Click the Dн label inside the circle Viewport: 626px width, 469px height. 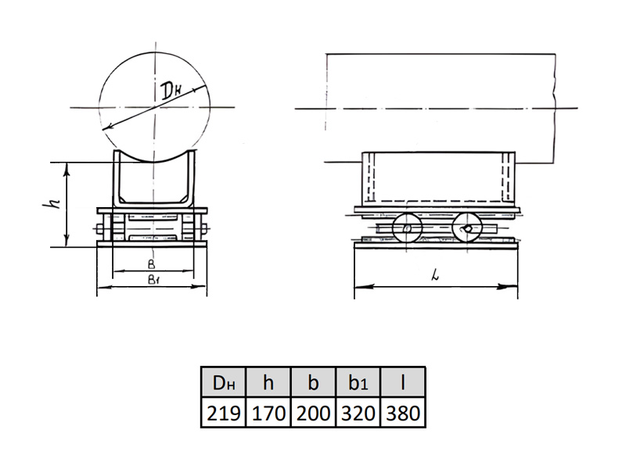click(171, 92)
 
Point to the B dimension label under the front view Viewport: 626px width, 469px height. click(151, 264)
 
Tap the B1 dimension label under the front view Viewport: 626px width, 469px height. click(153, 279)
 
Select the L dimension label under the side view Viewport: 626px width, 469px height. click(436, 274)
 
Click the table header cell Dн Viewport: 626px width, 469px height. click(223, 382)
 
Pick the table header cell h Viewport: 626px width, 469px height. click(268, 382)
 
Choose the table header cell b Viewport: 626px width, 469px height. click(314, 382)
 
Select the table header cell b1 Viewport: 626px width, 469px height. click(358, 382)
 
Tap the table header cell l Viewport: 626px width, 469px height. click(403, 382)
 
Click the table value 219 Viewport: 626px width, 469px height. click(223, 413)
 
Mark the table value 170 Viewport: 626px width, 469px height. click(268, 413)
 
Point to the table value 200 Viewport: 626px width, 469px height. click(314, 413)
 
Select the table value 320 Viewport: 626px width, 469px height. click(358, 413)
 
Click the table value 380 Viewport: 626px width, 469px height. click(403, 413)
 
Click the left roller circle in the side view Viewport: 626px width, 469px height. click(394, 228)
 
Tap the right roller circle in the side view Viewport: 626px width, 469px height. click(453, 228)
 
